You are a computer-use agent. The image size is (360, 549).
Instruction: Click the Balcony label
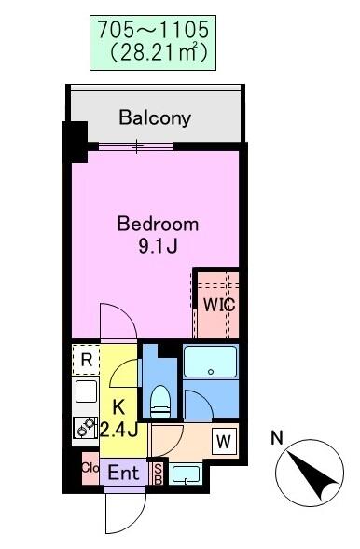click(155, 118)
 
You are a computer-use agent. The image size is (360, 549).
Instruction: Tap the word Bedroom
click(158, 225)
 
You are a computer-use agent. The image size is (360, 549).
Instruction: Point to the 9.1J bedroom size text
click(159, 247)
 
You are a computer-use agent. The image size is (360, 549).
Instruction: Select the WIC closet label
click(219, 306)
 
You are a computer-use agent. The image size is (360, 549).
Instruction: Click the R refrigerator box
click(86, 360)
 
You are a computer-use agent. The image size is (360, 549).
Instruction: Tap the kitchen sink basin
click(86, 391)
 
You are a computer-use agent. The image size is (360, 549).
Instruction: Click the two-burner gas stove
click(86, 428)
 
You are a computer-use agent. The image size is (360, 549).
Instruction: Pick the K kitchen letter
click(118, 407)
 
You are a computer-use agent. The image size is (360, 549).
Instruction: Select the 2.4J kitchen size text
click(119, 430)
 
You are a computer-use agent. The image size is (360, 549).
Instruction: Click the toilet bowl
click(160, 402)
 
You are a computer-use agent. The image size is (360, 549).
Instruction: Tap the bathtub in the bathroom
click(211, 362)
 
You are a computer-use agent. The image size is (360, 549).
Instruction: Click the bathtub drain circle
click(211, 372)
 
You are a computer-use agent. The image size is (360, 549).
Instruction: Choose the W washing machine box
click(224, 442)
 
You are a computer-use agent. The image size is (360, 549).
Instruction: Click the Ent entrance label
click(124, 473)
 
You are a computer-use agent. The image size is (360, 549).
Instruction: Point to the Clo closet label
click(90, 467)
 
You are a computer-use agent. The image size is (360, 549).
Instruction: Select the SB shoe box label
click(158, 474)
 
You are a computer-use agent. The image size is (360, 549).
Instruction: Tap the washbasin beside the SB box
click(186, 474)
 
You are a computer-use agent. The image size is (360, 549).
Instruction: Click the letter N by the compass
click(277, 438)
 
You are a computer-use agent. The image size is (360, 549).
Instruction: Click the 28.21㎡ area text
click(158, 51)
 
